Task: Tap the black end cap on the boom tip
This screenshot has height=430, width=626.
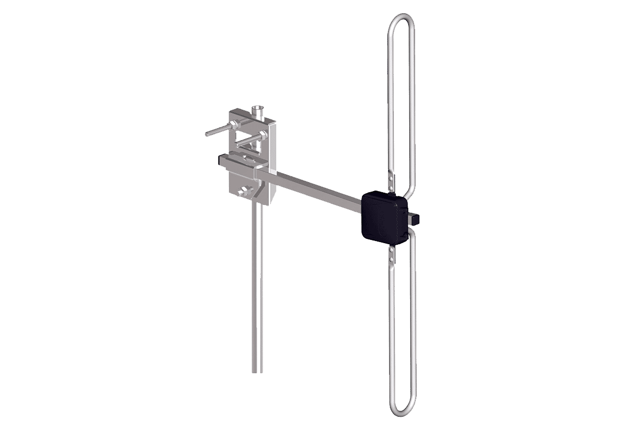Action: click(417, 217)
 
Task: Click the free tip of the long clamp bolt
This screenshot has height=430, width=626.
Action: click(207, 134)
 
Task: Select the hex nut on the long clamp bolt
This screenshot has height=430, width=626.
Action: click(234, 125)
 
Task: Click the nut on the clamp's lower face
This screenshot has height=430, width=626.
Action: click(245, 191)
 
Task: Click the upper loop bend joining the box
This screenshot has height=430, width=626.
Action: click(408, 188)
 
